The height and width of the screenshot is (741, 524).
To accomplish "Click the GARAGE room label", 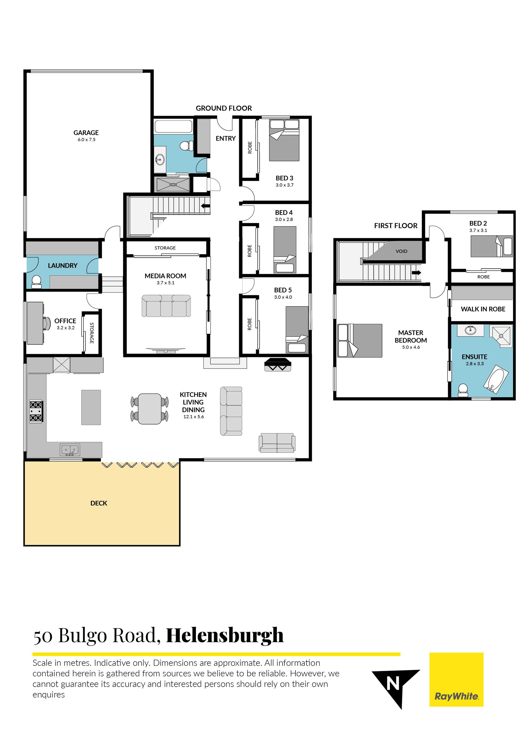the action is point(86,133).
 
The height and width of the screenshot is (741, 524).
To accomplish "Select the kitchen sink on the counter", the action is point(70,450).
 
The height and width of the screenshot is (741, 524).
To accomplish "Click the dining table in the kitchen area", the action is point(150,409).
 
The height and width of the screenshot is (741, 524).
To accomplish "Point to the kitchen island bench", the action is point(91,407).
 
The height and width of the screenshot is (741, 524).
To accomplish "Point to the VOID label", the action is point(401,251).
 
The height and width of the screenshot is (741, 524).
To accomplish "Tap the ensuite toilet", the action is point(463,390).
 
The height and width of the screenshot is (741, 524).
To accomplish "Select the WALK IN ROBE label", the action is point(483,309).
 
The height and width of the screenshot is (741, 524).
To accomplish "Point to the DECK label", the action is point(99,503).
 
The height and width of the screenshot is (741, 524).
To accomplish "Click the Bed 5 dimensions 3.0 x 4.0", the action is point(283,297).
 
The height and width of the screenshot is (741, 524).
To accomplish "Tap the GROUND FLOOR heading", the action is point(224,108).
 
